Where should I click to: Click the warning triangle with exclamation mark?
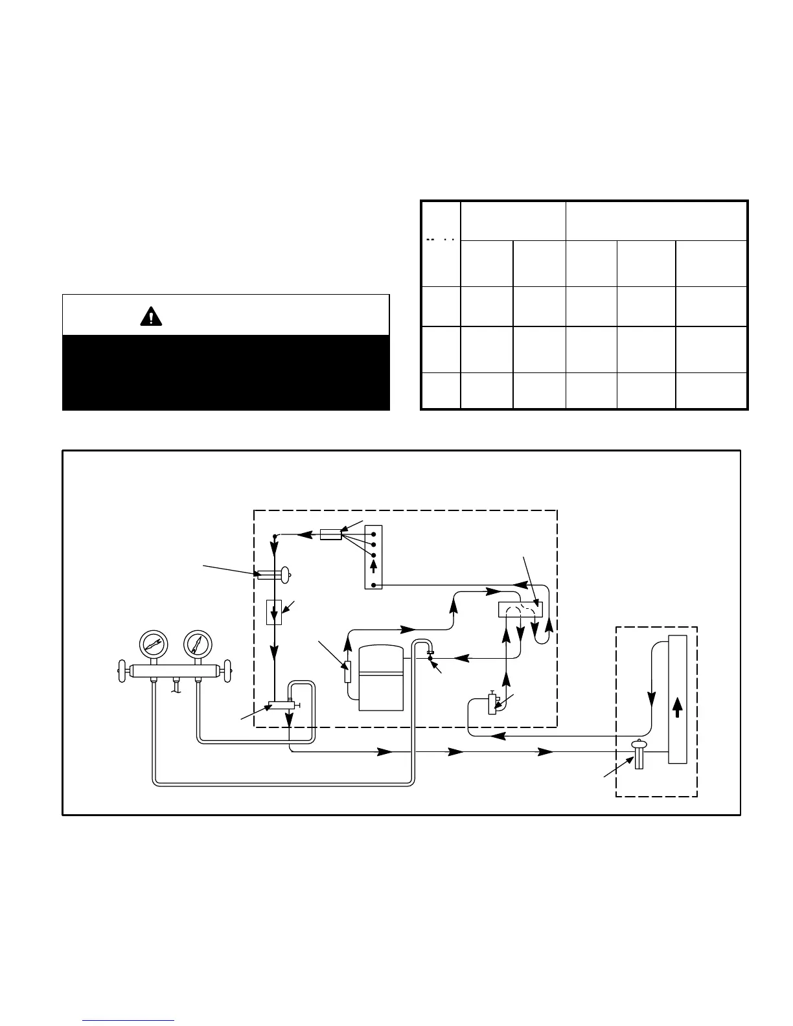click(151, 316)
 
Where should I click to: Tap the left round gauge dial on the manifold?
click(154, 643)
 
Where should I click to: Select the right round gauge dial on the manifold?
click(198, 643)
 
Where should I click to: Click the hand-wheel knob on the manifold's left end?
click(121, 671)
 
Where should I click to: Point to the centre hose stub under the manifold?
click(176, 685)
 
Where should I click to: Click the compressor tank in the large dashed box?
click(381, 677)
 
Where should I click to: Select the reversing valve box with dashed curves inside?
click(520, 610)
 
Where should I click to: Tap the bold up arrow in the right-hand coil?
click(677, 707)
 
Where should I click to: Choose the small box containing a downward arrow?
click(274, 612)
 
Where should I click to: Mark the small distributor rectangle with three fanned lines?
click(330, 534)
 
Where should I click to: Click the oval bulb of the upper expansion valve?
click(284, 574)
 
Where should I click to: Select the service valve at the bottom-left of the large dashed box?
click(282, 705)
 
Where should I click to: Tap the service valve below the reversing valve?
click(493, 703)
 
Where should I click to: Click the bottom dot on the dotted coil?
click(374, 586)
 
